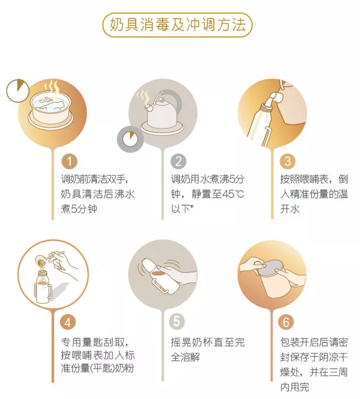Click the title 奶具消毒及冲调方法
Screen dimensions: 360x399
(x=178, y=25)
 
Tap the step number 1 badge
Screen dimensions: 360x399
(x=69, y=161)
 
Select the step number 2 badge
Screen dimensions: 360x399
(x=178, y=161)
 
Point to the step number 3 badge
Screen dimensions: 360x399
(x=288, y=161)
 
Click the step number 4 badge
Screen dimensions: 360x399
(x=68, y=322)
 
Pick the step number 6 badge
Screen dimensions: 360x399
(x=286, y=322)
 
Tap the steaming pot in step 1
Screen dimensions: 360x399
(x=50, y=107)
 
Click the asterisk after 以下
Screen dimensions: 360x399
(x=192, y=206)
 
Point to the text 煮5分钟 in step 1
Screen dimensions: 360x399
(x=79, y=209)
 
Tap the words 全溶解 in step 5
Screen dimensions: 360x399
(x=185, y=357)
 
